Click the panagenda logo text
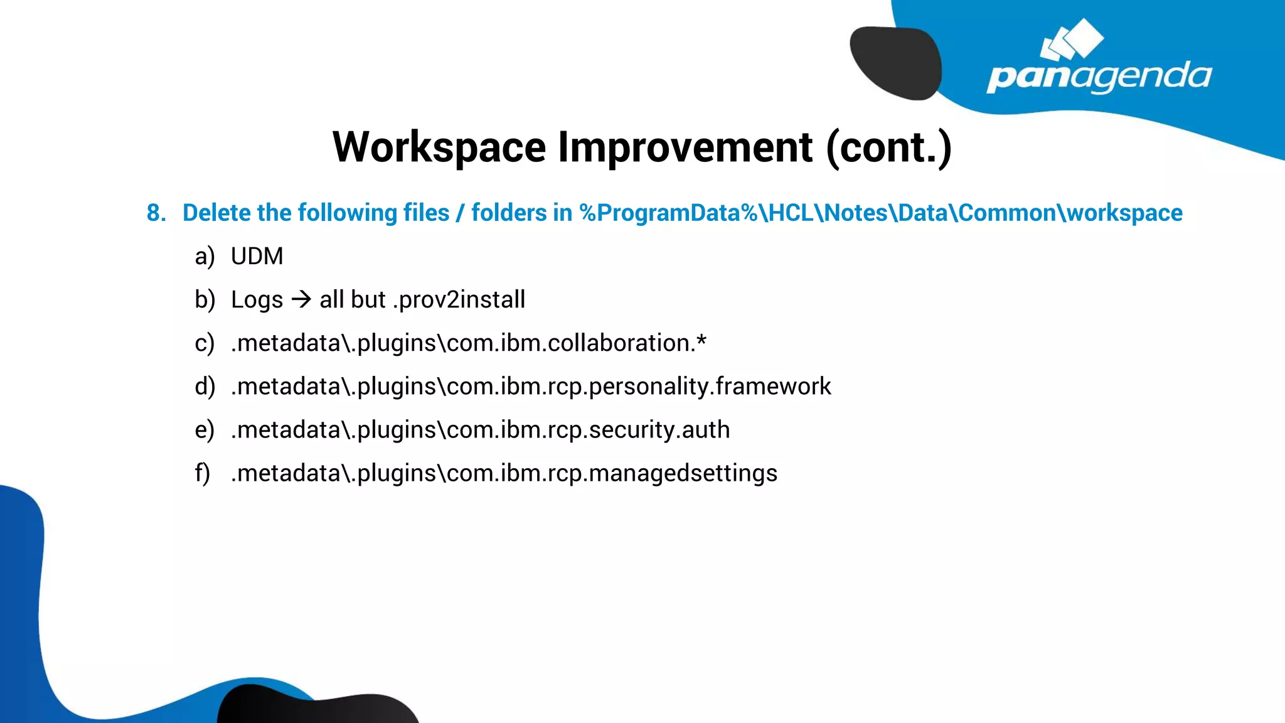coord(1099,77)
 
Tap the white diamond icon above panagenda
coord(1072,40)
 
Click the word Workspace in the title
coord(439,147)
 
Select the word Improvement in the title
coord(685,147)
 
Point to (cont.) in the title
coord(888,147)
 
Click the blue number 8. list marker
coord(156,213)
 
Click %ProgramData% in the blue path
coord(669,213)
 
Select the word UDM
coord(257,257)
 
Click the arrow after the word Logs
coord(301,299)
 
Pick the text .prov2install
coord(459,299)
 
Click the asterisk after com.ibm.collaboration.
coord(701,340)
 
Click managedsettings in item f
coord(683,473)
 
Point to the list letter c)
coord(205,343)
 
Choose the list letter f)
coord(202,473)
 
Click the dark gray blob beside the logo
coord(896,63)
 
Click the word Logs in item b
coord(257,300)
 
